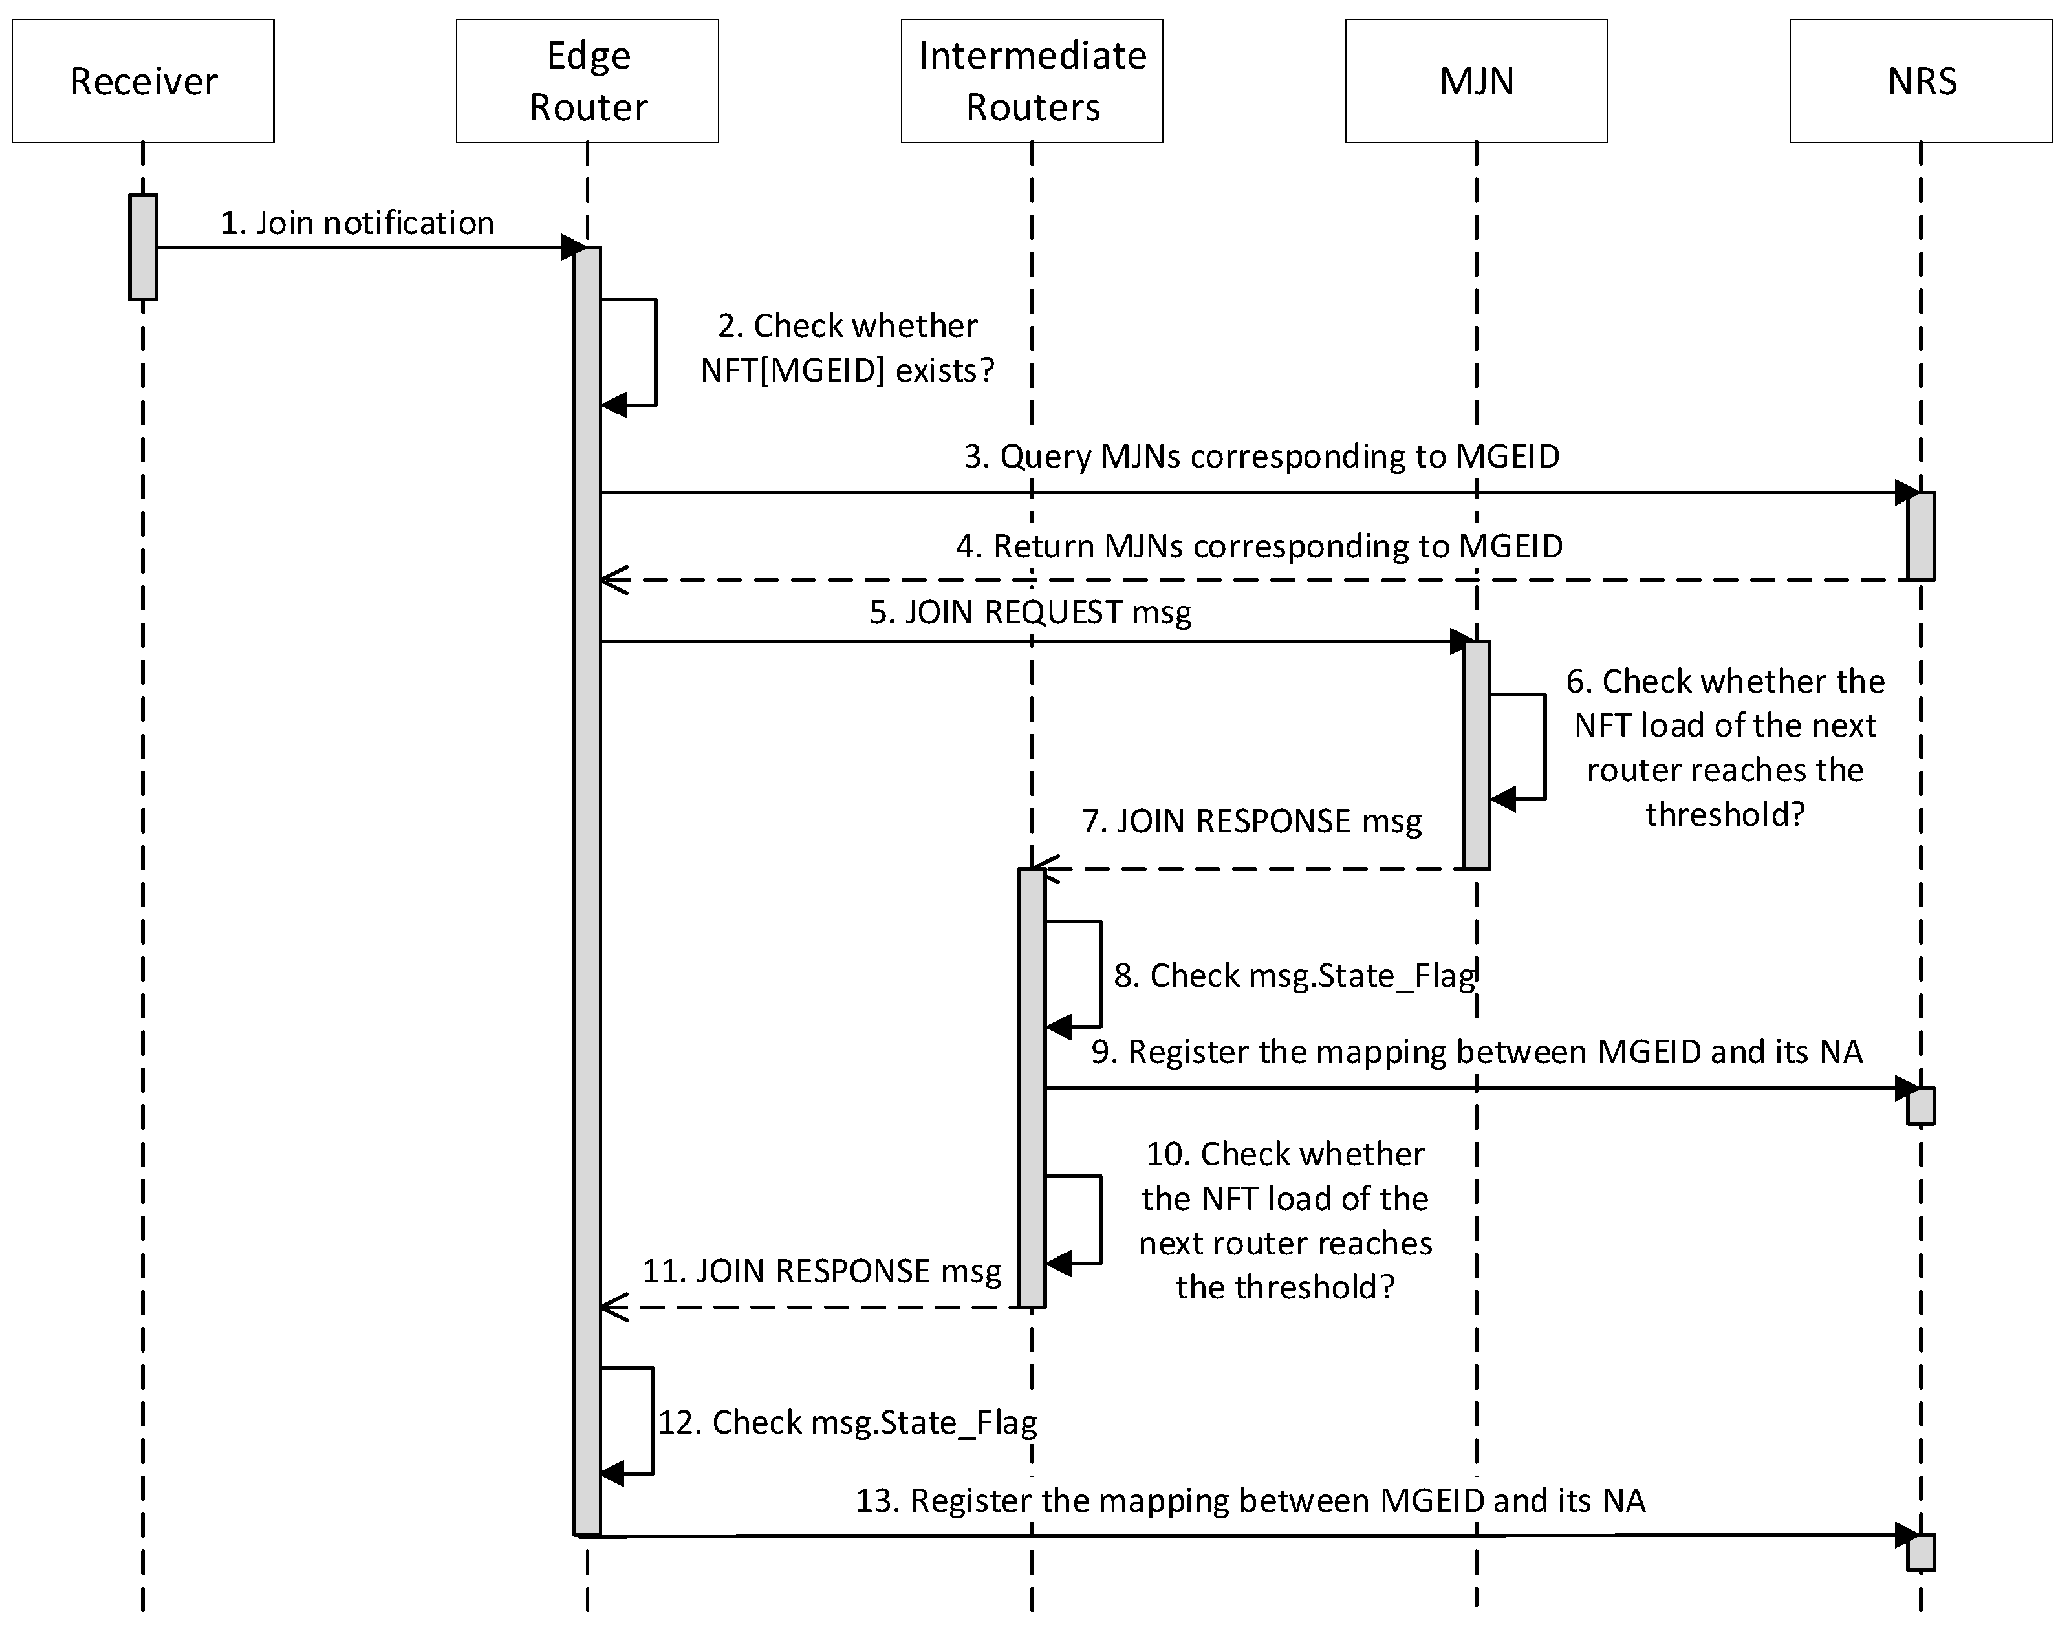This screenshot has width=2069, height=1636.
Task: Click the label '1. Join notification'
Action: (x=357, y=223)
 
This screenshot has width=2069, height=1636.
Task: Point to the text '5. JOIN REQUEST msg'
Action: (x=1031, y=612)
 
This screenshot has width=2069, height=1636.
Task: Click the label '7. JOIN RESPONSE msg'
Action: (x=1251, y=821)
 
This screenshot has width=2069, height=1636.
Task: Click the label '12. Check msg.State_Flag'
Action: (x=847, y=1423)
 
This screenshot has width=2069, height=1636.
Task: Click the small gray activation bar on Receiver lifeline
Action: (x=143, y=247)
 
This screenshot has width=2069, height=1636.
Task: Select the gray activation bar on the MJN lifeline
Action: (x=1476, y=755)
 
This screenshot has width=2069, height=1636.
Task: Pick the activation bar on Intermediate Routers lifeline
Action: (x=1032, y=1087)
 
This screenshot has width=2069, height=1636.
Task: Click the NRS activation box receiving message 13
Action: (x=1920, y=1552)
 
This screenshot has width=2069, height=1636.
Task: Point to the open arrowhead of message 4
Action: (x=614, y=579)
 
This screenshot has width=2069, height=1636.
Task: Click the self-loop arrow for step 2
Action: (x=655, y=352)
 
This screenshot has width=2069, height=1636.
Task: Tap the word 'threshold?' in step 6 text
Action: (x=1724, y=814)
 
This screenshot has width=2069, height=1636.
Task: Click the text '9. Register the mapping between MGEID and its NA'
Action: (x=1476, y=1051)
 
